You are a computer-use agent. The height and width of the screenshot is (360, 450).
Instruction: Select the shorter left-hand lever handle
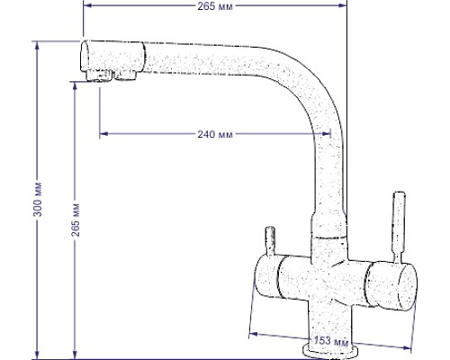point(267,241)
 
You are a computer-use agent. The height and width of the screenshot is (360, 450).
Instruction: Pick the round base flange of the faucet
point(330,347)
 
